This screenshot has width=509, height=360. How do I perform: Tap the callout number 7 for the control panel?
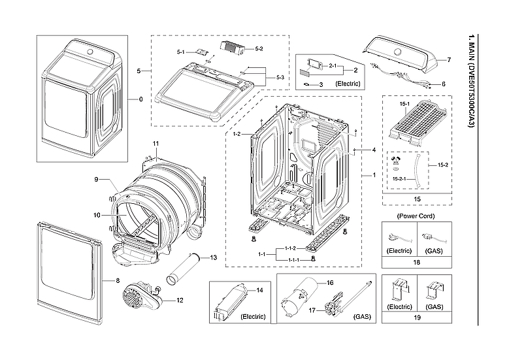449,60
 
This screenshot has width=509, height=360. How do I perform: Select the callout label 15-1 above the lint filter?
404,104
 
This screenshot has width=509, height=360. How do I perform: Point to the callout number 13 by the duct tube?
213,258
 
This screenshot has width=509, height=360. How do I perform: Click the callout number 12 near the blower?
180,301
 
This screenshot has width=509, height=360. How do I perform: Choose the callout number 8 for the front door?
118,280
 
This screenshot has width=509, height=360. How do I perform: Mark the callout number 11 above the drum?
156,142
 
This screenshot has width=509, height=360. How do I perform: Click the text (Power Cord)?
416,216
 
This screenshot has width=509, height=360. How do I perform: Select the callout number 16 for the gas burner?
330,283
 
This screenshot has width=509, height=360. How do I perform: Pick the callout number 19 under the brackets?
416,321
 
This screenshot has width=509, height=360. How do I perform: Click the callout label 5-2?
259,49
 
